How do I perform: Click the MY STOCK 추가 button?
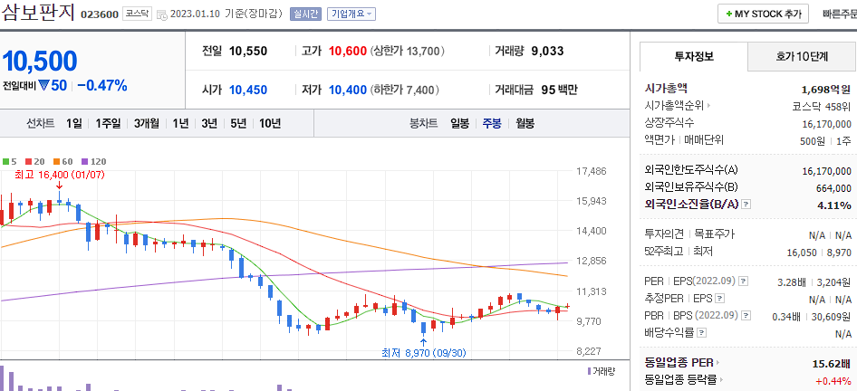(x=763, y=14)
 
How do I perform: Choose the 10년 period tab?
(x=269, y=123)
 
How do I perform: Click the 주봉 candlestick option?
(x=492, y=123)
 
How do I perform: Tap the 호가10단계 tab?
(x=802, y=56)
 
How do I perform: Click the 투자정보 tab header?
(x=694, y=56)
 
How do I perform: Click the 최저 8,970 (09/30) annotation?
(x=424, y=353)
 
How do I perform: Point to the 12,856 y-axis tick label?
(x=592, y=261)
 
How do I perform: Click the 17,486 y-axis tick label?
(x=592, y=171)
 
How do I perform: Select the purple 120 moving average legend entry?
(x=94, y=161)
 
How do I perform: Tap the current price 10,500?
(x=40, y=62)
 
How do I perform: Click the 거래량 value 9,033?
(x=547, y=52)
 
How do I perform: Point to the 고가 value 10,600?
(x=348, y=52)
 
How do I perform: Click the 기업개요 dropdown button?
(x=351, y=14)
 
